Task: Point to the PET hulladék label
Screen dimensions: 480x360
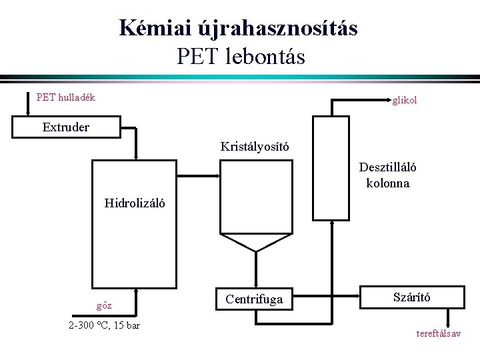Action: [66, 97]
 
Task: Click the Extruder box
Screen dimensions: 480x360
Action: [65, 127]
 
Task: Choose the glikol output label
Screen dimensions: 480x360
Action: [405, 101]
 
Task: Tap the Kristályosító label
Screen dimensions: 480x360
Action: [255, 146]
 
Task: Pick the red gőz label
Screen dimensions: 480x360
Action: [104, 306]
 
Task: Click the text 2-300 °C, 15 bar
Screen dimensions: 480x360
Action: [104, 325]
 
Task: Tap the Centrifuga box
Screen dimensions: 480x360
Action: [254, 300]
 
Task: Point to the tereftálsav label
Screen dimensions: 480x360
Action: [438, 333]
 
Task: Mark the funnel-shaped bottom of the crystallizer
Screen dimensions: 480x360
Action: [254, 242]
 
